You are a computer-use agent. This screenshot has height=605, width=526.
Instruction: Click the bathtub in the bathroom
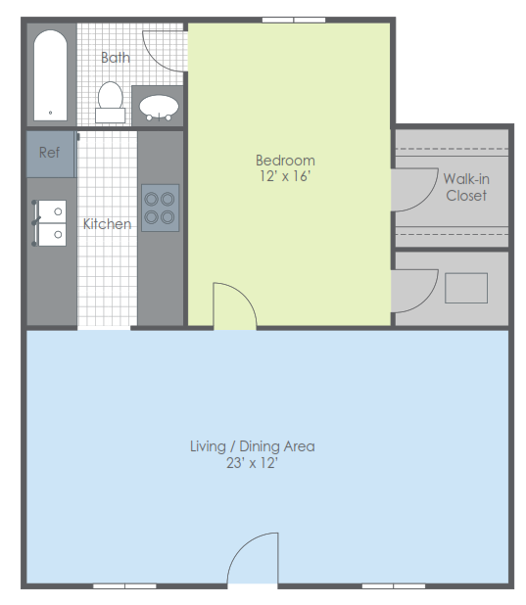pos(50,74)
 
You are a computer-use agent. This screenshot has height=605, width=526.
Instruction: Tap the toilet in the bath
pos(110,102)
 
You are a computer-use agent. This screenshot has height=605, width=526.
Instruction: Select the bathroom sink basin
pos(158,106)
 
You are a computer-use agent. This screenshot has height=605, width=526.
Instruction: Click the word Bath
pos(116,58)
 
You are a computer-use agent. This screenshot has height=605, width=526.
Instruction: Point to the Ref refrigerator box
pos(50,154)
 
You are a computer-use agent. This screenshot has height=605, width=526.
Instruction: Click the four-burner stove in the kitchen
pos(160,208)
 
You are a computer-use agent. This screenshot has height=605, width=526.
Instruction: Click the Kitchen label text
pos(107,224)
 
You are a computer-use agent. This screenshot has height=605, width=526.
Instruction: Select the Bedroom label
pos(285,161)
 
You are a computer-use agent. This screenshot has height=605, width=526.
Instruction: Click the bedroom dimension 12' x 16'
pos(285,177)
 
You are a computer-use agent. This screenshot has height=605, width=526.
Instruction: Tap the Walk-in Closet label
pos(466,187)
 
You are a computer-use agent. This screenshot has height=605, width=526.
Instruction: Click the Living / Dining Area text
pos(252,446)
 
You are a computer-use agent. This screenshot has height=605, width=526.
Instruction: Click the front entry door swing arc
pos(254,560)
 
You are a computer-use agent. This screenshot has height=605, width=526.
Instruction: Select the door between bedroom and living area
pos(234,306)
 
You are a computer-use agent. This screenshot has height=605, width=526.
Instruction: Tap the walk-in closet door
pos(414,190)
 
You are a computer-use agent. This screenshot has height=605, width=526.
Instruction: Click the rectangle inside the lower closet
pos(466,288)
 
